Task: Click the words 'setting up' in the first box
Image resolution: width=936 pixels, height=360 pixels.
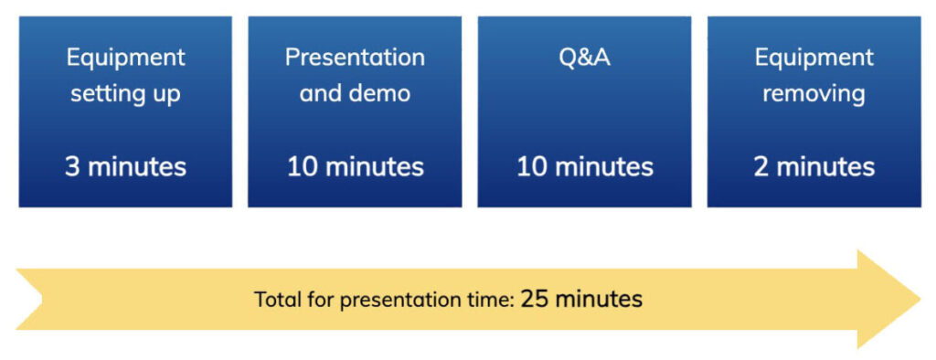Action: [125, 94]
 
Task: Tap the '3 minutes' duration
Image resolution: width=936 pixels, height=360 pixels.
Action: [125, 167]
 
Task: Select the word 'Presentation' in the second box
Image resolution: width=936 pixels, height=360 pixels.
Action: [356, 58]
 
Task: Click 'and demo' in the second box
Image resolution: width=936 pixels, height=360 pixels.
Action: [356, 94]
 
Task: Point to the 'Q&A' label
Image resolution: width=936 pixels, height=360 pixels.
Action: [584, 58]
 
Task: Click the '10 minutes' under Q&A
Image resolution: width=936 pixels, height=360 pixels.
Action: [585, 167]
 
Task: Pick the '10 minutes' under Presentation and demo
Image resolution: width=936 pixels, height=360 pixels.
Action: [356, 167]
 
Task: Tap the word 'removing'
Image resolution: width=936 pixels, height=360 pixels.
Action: [814, 94]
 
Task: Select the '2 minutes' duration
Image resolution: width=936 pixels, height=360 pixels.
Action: [814, 167]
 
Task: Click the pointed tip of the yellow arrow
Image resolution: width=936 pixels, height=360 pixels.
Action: [920, 299]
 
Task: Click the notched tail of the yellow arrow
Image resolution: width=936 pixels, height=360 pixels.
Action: [42, 299]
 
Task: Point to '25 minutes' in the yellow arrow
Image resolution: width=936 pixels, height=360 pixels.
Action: [581, 299]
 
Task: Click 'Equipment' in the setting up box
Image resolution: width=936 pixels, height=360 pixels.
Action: [126, 58]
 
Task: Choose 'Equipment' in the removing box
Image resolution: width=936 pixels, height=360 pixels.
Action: [814, 58]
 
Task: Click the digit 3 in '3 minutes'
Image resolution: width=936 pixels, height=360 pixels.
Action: [71, 167]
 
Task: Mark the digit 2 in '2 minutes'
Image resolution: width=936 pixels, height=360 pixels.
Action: [761, 167]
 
